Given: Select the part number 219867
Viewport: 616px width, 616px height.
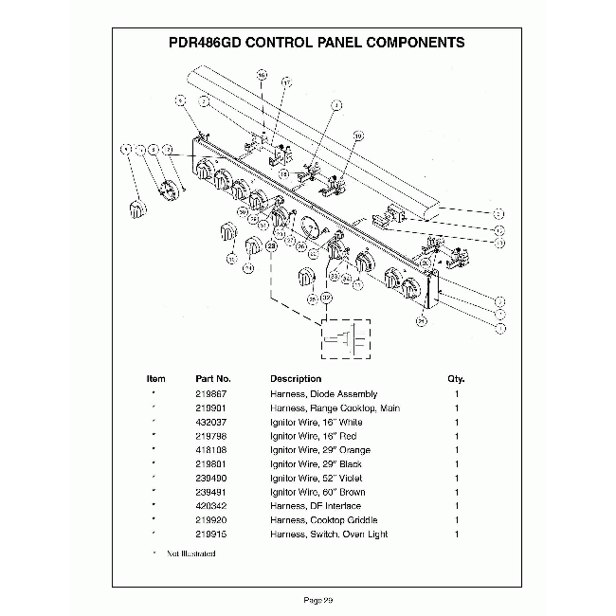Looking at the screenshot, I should point(211,393).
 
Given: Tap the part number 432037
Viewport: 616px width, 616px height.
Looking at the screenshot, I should point(211,422).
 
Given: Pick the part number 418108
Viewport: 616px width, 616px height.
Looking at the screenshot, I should point(211,450).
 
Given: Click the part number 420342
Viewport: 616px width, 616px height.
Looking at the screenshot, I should point(211,506).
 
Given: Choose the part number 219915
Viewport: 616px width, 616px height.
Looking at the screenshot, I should point(211,534).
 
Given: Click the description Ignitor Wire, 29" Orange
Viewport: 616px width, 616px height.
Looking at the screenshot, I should point(320,450).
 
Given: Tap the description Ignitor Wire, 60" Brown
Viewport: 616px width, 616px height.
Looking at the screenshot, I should point(317,492).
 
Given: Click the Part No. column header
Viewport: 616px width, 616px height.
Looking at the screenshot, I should point(213,378).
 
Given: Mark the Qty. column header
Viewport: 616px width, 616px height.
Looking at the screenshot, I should point(456,378).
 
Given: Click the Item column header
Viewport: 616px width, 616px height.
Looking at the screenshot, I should point(155,378).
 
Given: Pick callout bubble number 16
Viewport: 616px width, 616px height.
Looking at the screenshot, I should point(262,74).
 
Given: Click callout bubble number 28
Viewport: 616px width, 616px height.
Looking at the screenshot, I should point(271,246).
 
